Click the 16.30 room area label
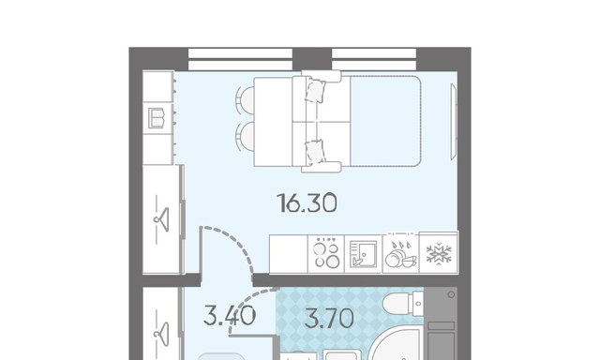click(x=307, y=202)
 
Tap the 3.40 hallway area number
click(x=230, y=316)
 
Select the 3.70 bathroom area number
click(x=329, y=319)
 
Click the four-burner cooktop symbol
click(x=326, y=254)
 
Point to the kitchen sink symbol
click(x=363, y=254)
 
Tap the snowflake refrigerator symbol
click(x=439, y=253)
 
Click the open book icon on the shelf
click(x=157, y=118)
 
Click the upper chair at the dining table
click(x=246, y=100)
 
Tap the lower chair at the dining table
click(x=246, y=136)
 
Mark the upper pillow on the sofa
click(x=315, y=91)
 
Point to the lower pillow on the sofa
click(x=315, y=151)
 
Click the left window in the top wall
click(x=240, y=59)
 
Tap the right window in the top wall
click(x=374, y=59)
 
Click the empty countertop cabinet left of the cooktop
click(x=289, y=254)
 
